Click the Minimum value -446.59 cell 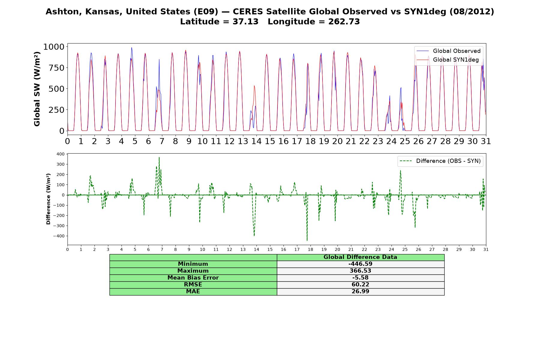(360, 264)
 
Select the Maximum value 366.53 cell (360, 271)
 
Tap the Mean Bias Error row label (193, 278)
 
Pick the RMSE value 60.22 (360, 285)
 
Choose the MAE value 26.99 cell (360, 292)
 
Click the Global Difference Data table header (360, 257)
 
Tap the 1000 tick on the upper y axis (54, 47)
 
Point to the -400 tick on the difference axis (59, 236)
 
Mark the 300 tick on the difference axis (60, 164)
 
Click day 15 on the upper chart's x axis (270, 141)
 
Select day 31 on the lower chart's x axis (486, 250)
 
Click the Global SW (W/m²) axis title (37, 89)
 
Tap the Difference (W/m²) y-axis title (48, 199)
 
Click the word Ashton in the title (64, 12)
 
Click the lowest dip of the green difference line (307, 241)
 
